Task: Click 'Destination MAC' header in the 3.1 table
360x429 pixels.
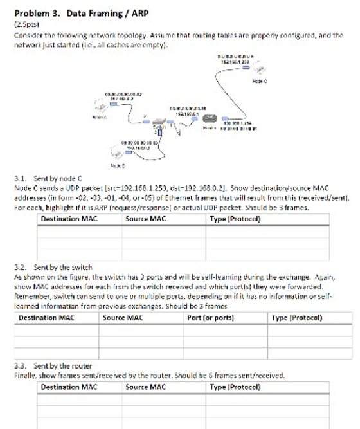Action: pos(68,219)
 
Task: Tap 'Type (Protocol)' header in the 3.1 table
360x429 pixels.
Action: pos(235,219)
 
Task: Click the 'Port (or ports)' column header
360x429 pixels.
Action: pos(210,318)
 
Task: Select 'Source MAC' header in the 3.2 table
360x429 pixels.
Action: pos(123,318)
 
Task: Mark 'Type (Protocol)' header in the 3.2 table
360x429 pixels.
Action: pos(297,318)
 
